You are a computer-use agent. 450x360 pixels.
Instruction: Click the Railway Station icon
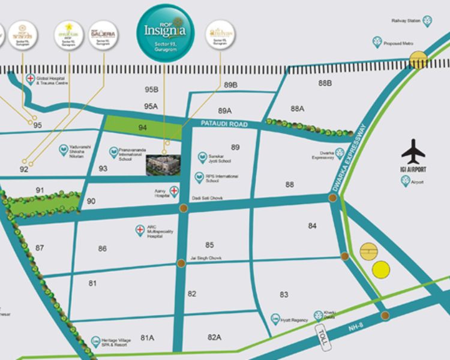click(x=427, y=21)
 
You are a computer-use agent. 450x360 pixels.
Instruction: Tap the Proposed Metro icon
click(x=377, y=41)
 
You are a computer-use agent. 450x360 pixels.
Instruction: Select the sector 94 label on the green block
click(x=142, y=127)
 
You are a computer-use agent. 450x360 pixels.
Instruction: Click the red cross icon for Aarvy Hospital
click(x=174, y=191)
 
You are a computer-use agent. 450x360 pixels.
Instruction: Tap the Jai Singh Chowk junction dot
click(x=181, y=262)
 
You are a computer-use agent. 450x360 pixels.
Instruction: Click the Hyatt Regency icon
click(x=275, y=318)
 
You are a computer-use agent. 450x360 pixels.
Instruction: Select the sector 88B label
click(x=325, y=83)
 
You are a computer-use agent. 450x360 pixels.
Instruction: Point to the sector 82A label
click(x=215, y=337)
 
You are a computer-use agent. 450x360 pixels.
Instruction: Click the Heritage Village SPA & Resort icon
click(x=95, y=341)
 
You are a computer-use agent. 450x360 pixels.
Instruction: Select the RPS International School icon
click(x=199, y=177)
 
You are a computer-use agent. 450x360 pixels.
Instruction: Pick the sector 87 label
click(x=40, y=248)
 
